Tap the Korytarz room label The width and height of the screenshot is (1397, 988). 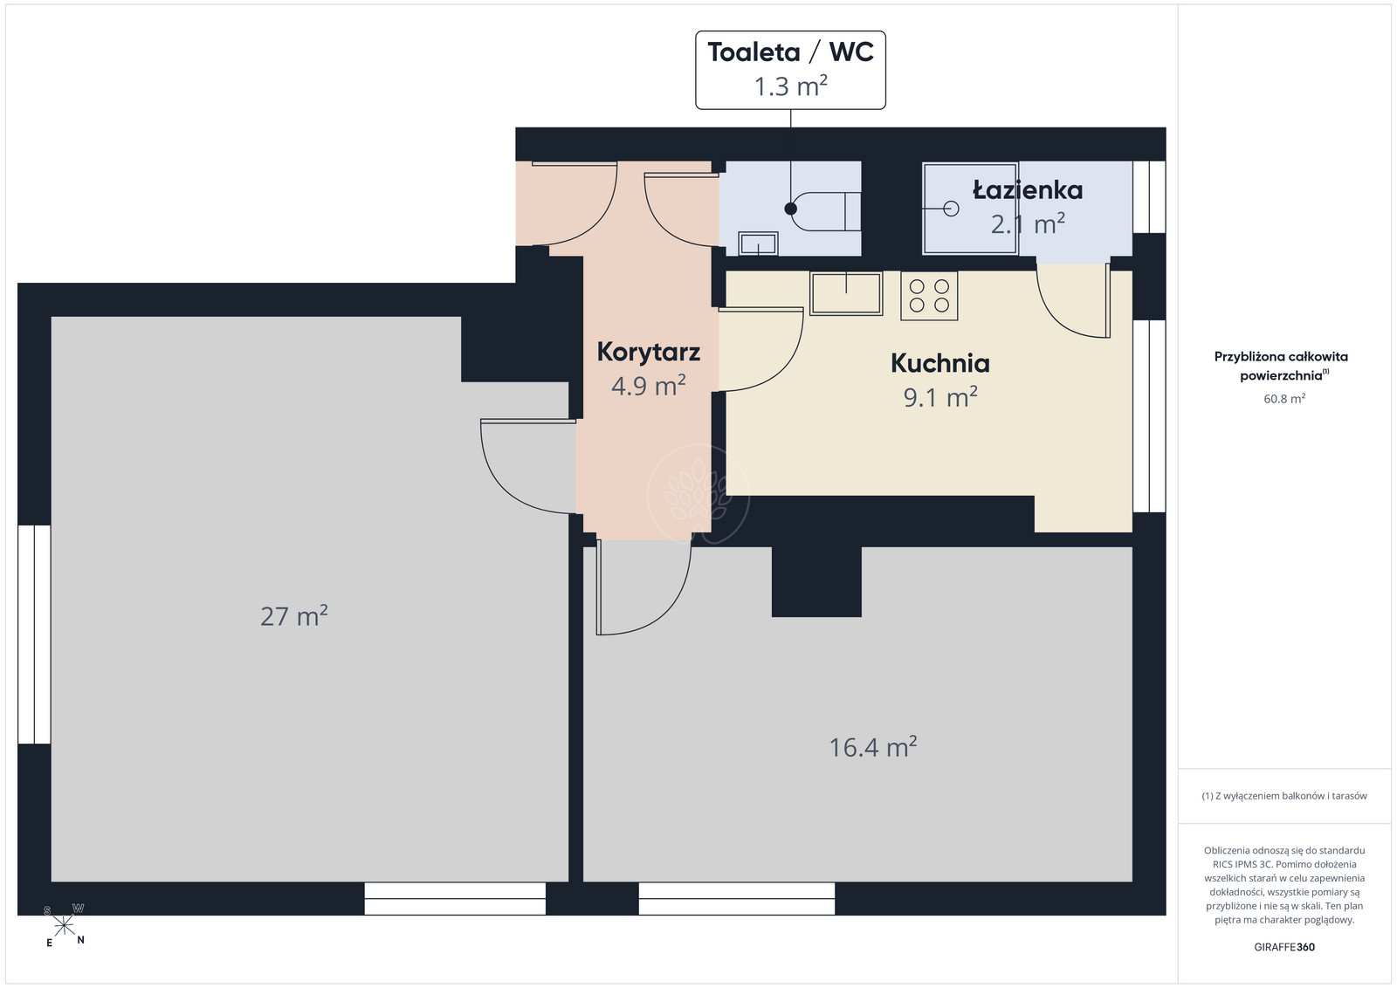pyautogui.click(x=648, y=353)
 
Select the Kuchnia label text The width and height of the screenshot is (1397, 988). pyautogui.click(x=939, y=363)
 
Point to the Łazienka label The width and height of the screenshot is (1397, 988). pyautogui.click(x=1027, y=190)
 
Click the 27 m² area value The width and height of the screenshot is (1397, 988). pyautogui.click(x=293, y=616)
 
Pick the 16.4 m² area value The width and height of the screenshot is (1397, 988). pyautogui.click(x=872, y=747)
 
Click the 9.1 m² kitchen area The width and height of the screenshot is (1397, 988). pyautogui.click(x=940, y=397)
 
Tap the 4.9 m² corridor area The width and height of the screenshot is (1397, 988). pyautogui.click(x=648, y=386)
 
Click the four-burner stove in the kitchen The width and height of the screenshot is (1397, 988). pyautogui.click(x=929, y=296)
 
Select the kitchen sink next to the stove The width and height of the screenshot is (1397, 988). pyautogui.click(x=846, y=293)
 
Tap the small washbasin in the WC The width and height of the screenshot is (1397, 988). pyautogui.click(x=758, y=244)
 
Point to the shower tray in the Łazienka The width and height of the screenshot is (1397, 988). pyautogui.click(x=970, y=209)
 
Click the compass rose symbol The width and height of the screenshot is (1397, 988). pyautogui.click(x=64, y=926)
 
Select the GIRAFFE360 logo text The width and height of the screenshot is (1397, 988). pyautogui.click(x=1284, y=947)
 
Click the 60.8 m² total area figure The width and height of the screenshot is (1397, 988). pyautogui.click(x=1284, y=398)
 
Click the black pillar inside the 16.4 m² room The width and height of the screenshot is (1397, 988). pyautogui.click(x=816, y=581)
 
